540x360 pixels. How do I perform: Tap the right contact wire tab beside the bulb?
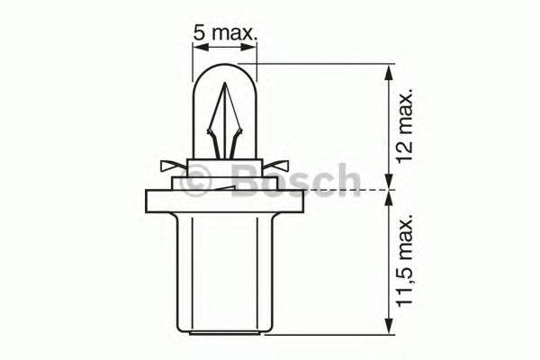281,166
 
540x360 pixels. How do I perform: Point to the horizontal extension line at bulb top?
324,64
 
